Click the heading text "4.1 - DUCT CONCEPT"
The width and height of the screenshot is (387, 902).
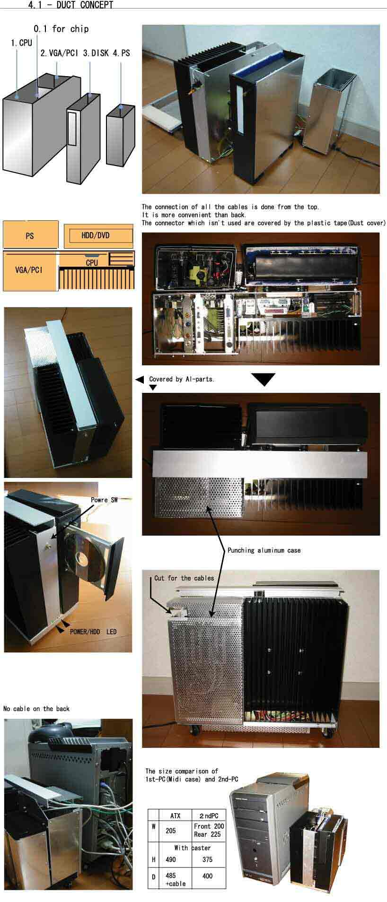click(x=71, y=5)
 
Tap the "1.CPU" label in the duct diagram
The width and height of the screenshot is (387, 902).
click(x=22, y=43)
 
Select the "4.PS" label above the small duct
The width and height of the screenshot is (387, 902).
click(x=121, y=53)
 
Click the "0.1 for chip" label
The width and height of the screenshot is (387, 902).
click(x=61, y=29)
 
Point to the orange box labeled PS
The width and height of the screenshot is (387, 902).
click(x=30, y=235)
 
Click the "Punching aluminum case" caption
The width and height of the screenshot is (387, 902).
click(x=264, y=550)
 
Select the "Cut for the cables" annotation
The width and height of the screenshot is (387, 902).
click(x=184, y=578)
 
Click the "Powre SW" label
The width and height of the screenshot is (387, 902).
click(x=104, y=500)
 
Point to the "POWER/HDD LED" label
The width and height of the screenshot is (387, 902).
click(x=93, y=632)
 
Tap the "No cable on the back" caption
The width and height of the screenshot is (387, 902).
click(x=36, y=709)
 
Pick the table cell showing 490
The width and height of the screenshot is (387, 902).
click(x=171, y=859)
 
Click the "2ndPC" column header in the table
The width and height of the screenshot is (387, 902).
click(x=209, y=815)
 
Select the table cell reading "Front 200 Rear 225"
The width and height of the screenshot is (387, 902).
click(x=209, y=830)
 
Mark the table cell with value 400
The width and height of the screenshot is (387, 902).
click(x=207, y=876)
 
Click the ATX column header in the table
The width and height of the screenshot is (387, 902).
click(x=175, y=815)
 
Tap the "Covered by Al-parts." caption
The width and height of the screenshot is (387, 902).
click(x=182, y=379)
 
